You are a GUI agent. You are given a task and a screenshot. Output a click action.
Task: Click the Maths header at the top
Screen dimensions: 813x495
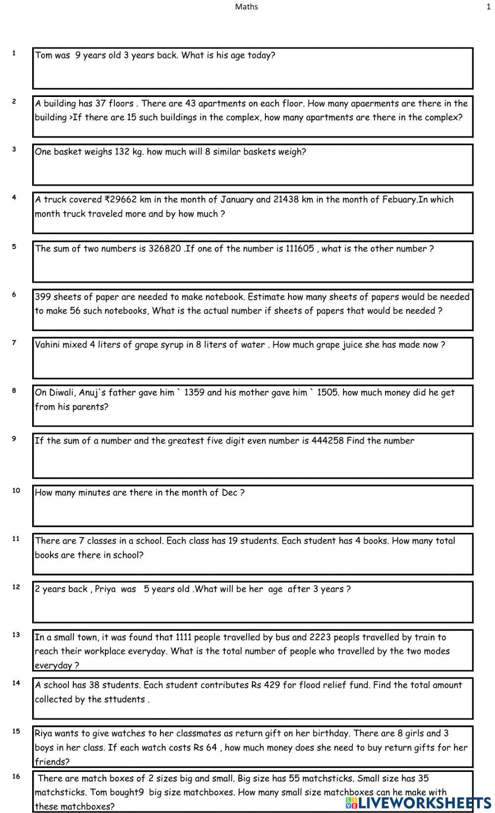[x=246, y=7]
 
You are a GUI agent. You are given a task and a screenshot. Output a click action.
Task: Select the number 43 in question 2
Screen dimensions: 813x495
[x=191, y=103]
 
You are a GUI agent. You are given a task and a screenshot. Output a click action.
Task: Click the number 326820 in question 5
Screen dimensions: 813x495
[x=164, y=248]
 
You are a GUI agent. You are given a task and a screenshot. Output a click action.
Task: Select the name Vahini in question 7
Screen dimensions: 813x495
[x=48, y=345]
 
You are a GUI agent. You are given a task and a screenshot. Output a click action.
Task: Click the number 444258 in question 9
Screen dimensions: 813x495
[x=327, y=441]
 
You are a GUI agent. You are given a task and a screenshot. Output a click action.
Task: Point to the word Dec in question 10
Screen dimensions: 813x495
[x=229, y=493]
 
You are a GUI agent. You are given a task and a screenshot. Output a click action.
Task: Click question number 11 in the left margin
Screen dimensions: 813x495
[x=16, y=538]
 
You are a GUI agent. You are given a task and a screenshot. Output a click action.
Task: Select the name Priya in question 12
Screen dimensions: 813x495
[x=105, y=589]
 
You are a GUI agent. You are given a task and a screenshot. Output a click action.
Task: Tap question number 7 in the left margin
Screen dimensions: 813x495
[x=14, y=342]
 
